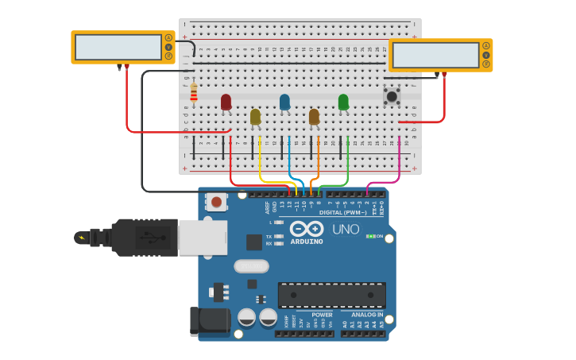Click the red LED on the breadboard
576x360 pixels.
226,102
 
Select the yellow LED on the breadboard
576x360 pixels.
255,117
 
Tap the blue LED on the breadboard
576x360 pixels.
284,102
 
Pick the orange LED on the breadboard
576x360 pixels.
314,117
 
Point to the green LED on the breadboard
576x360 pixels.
343,102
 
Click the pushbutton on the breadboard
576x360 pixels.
392,96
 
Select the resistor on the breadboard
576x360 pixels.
194,94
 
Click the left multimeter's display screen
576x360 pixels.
117,47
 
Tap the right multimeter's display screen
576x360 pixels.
435,55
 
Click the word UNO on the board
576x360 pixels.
346,229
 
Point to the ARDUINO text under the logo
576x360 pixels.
307,242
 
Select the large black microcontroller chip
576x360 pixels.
331,295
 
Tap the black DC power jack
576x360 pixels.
209,322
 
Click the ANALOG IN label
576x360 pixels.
367,315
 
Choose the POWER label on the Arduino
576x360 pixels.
322,315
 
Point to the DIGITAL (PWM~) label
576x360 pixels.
343,212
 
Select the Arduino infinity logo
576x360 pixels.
306,229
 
